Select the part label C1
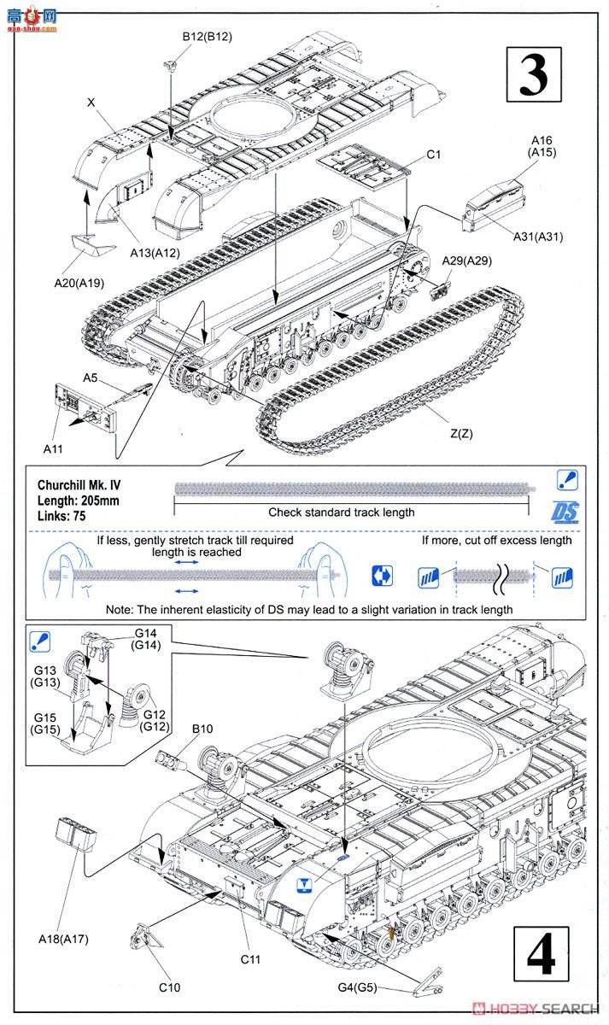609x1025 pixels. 433,155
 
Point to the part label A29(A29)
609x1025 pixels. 466,261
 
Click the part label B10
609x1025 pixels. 202,729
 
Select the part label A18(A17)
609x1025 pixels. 64,939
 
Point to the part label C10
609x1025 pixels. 169,987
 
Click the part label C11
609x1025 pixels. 249,959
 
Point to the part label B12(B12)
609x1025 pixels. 207,36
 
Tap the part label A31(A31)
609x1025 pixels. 538,237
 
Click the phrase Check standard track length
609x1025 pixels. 342,512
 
